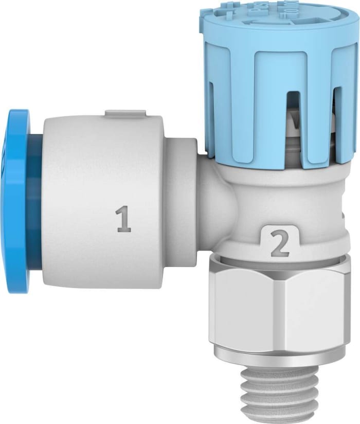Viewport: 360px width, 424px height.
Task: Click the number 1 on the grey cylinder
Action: click(x=123, y=218)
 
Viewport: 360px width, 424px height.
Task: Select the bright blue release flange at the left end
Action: click(x=16, y=201)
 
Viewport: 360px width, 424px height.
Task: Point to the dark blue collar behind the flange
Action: click(x=35, y=201)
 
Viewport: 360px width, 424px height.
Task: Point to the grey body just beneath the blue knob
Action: click(x=278, y=180)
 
